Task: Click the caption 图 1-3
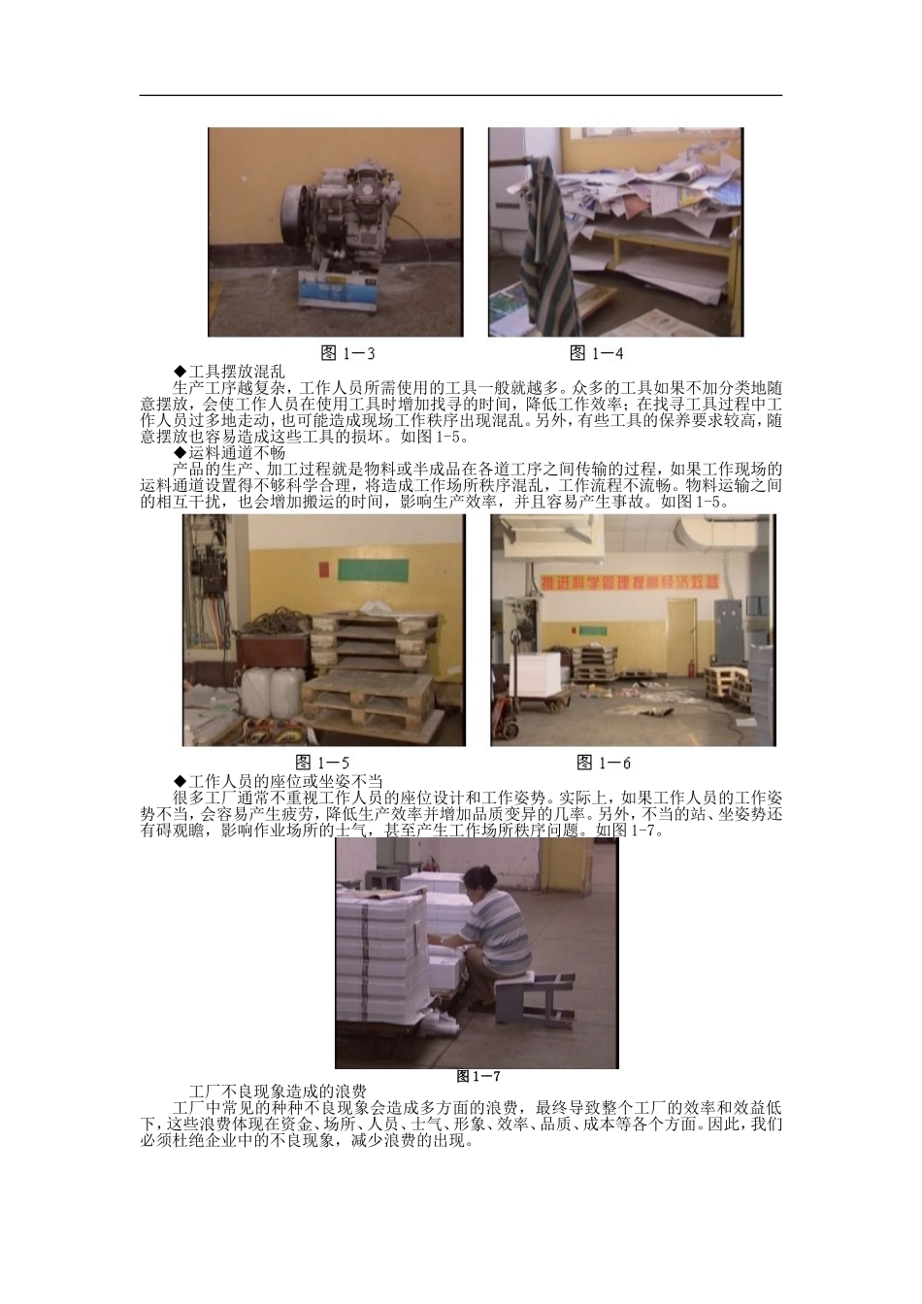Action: (x=348, y=353)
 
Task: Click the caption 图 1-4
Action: (x=597, y=353)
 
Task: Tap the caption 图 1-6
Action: (x=604, y=762)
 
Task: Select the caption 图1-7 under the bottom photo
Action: (x=478, y=1076)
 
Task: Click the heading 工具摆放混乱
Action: (x=229, y=371)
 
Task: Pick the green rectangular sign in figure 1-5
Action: (x=373, y=569)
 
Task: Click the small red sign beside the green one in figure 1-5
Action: (x=324, y=569)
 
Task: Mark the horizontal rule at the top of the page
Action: (x=461, y=95)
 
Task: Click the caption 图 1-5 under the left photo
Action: (x=322, y=762)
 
